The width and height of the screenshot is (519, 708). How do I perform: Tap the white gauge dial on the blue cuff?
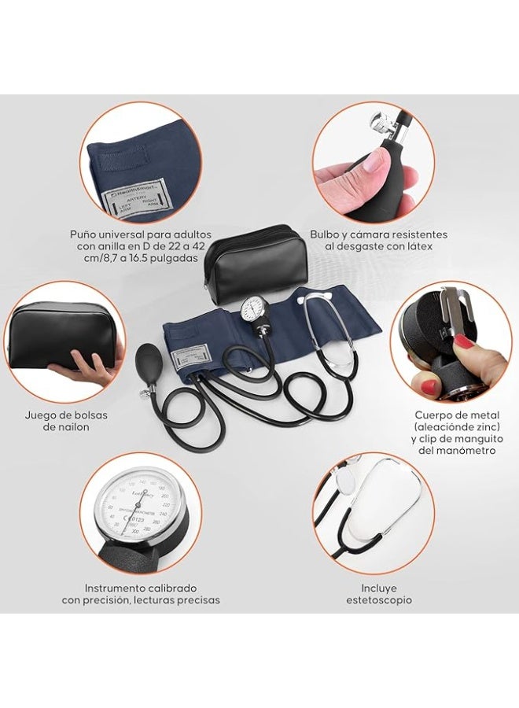[256, 308]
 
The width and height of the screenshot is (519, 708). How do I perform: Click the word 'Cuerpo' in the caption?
[433, 415]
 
